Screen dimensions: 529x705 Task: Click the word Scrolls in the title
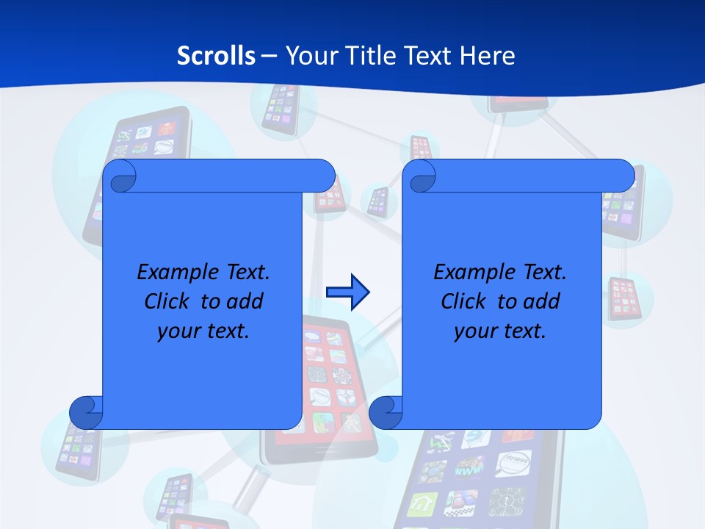217,56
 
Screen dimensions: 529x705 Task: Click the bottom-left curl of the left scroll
86,412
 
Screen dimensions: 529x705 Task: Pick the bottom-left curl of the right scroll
386,412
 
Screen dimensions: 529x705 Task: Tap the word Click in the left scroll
166,301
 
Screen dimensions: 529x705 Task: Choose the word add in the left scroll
246,301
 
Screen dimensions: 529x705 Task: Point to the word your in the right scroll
474,331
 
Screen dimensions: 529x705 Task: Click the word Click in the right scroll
463,301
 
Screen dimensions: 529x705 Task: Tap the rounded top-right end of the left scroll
323,176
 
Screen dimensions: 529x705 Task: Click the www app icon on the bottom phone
469,469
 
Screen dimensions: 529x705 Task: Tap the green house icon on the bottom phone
424,504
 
